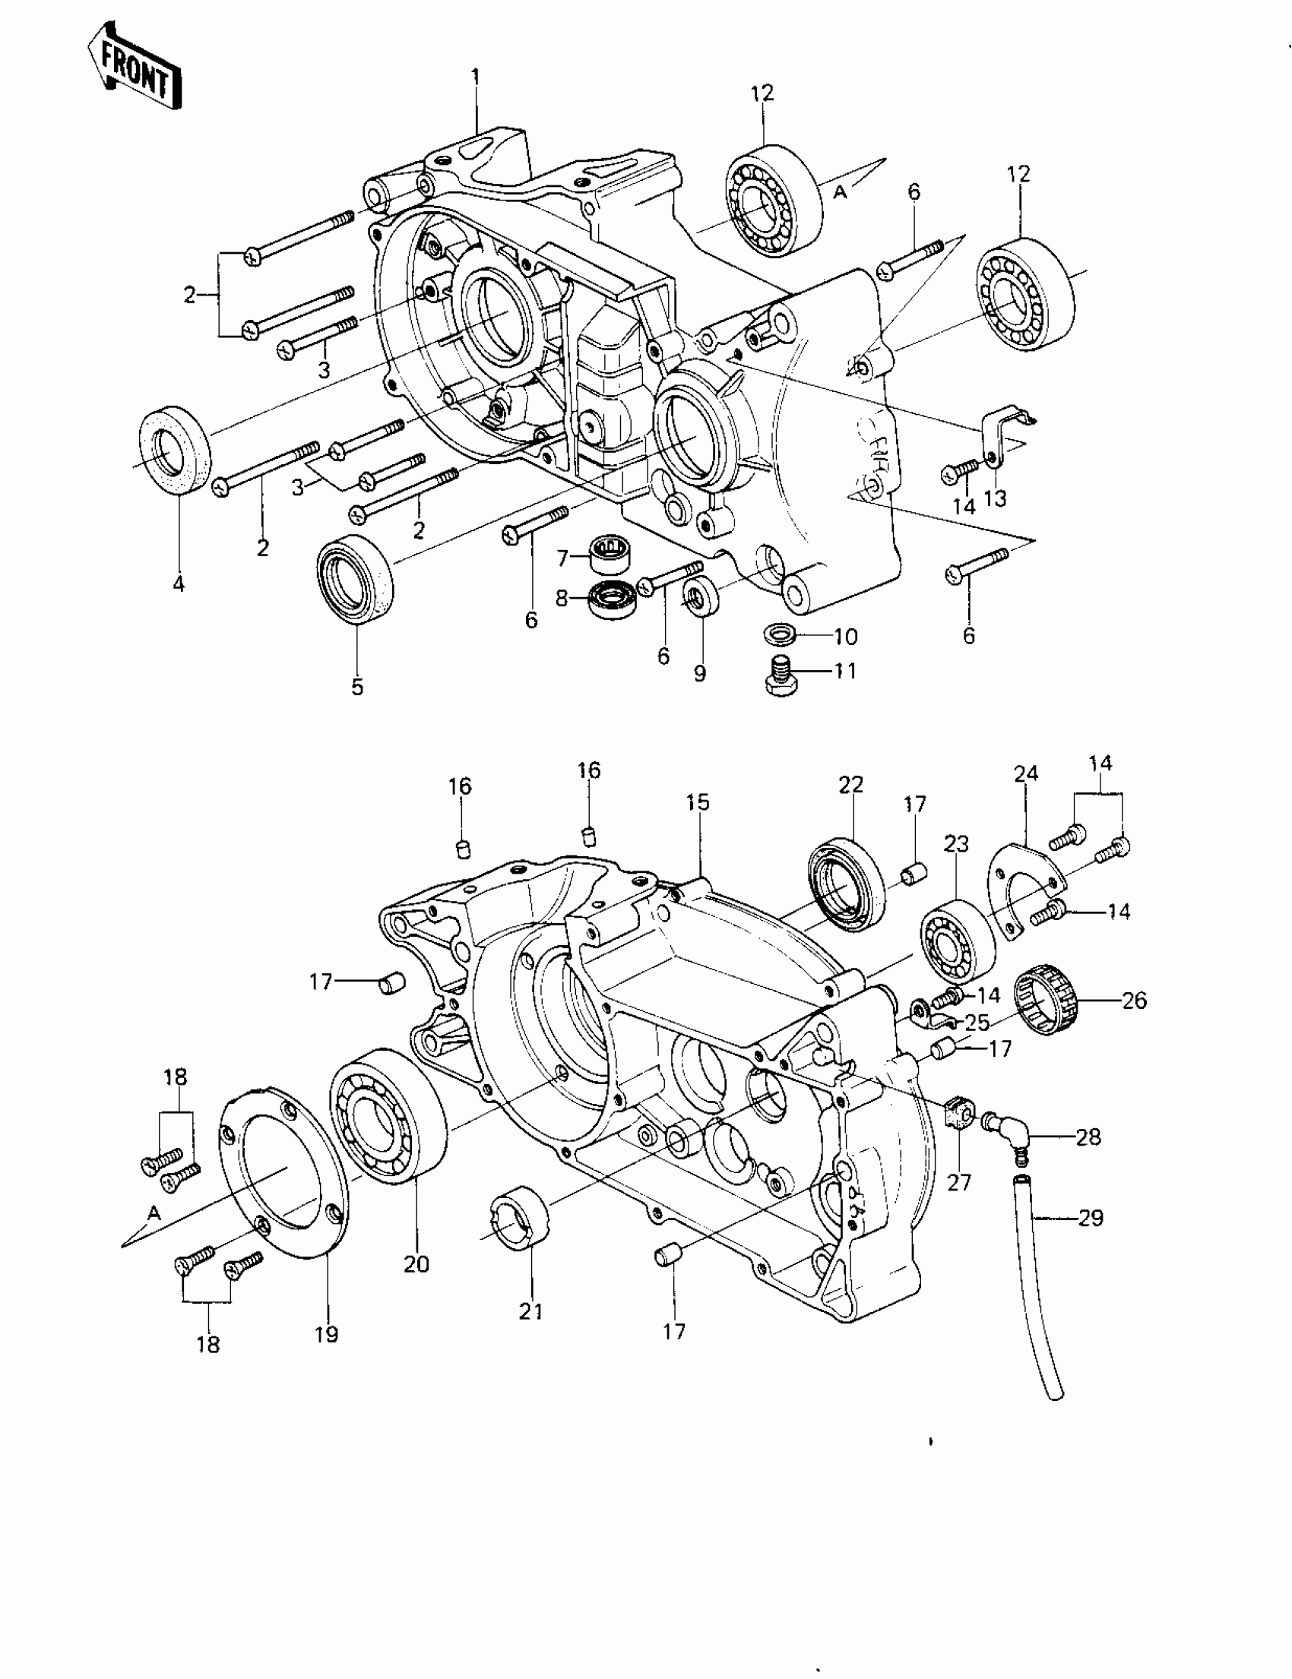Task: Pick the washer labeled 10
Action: point(780,636)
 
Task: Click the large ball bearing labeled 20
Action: point(388,1124)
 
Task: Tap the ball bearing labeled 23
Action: point(958,942)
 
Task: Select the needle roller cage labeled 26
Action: point(1046,1004)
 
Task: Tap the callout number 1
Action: point(475,77)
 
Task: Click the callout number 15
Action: point(698,802)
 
